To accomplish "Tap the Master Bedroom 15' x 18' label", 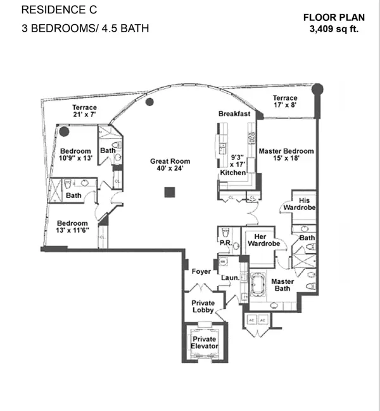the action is point(286,154).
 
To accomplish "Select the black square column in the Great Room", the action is point(170,192).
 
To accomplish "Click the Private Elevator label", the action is point(205,343).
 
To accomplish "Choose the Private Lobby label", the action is point(203,307).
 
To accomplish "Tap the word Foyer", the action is point(201,271).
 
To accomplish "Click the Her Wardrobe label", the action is point(263,240).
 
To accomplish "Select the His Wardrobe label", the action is point(300,204).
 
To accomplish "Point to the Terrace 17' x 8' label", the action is point(285,101).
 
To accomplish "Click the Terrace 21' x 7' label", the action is point(85,111).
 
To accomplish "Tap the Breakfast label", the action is point(234,114).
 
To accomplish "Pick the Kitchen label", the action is point(233,173).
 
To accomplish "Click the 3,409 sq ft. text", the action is point(334,28).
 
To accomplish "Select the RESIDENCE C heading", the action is point(59,10).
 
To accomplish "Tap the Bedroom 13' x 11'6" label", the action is point(72,227).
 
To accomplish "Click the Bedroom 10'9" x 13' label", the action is point(75,155).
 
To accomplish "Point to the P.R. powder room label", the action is point(226,243).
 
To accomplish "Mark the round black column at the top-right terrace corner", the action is point(317,89).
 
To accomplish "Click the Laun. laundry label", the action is point(231,278).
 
